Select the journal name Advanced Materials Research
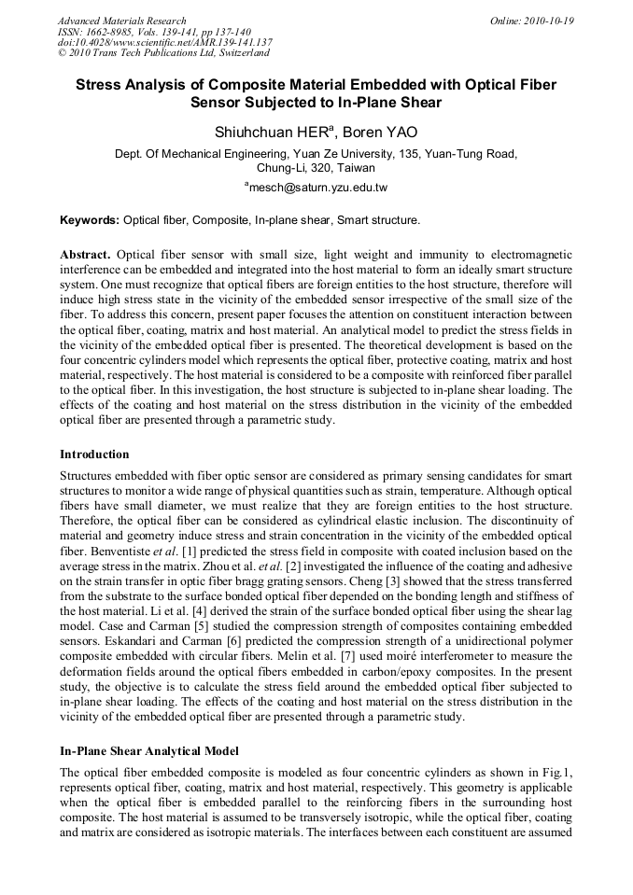(x=122, y=21)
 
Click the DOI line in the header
(x=164, y=43)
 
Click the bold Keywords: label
(x=90, y=221)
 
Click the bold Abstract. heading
(x=86, y=255)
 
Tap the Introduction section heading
(x=94, y=454)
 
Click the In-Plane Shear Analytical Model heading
(x=149, y=751)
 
